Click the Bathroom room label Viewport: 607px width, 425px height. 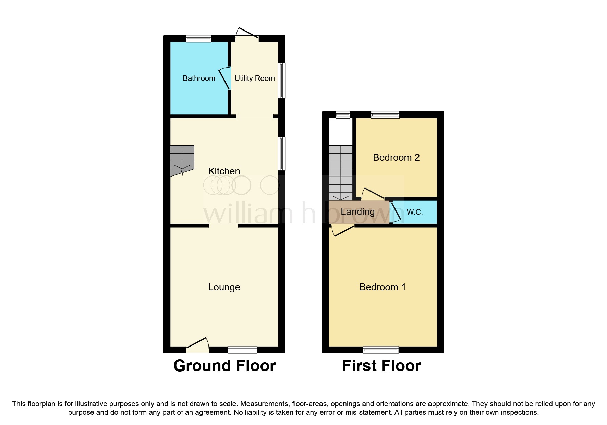click(x=199, y=78)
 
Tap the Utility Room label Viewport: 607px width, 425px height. click(x=254, y=78)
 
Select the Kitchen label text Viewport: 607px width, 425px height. click(x=224, y=171)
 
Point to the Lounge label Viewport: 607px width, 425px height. click(x=224, y=287)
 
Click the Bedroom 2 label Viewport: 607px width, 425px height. click(x=396, y=158)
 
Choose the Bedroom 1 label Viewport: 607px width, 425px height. click(x=383, y=287)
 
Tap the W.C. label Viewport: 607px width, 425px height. click(x=414, y=212)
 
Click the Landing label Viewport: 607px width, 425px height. click(x=357, y=212)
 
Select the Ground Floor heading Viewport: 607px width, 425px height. click(x=224, y=366)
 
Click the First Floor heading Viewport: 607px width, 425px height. click(x=381, y=366)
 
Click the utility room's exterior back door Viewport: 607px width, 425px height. click(x=247, y=33)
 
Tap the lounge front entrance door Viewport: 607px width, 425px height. click(x=198, y=345)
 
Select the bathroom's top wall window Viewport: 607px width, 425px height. click(x=199, y=39)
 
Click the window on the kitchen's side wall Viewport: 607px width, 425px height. click(x=281, y=154)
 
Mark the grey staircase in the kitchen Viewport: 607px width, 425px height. click(x=182, y=159)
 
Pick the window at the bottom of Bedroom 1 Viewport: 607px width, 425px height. click(x=381, y=350)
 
